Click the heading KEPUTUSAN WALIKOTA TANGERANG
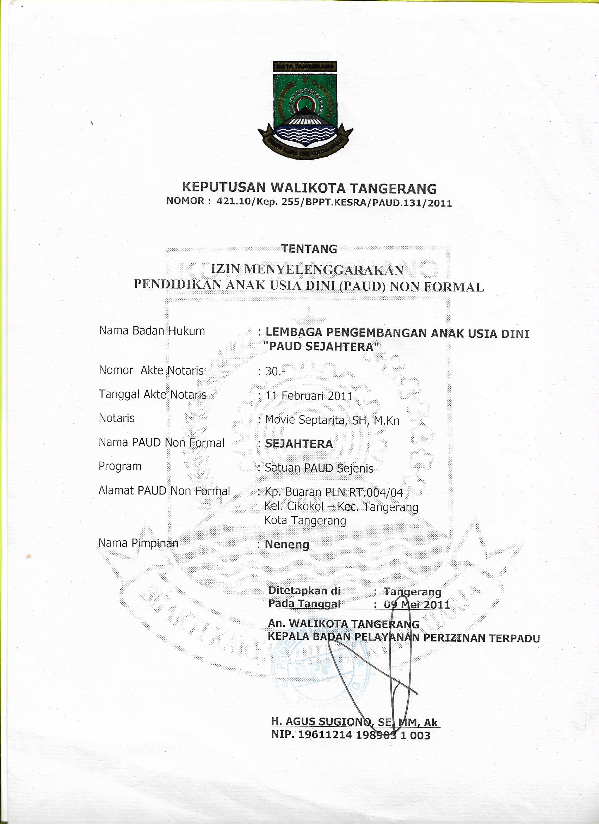coord(309,188)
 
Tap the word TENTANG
coord(309,249)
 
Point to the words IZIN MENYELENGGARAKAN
coord(307,270)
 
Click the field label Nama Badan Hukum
coord(152,331)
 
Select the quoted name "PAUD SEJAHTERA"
coord(322,346)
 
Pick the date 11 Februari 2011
coord(309,396)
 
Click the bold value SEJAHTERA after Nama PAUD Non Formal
coord(299,444)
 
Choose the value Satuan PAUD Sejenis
coord(319,468)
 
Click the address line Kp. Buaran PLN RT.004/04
coord(334,492)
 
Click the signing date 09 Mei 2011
coord(416,604)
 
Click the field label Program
coord(120,466)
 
